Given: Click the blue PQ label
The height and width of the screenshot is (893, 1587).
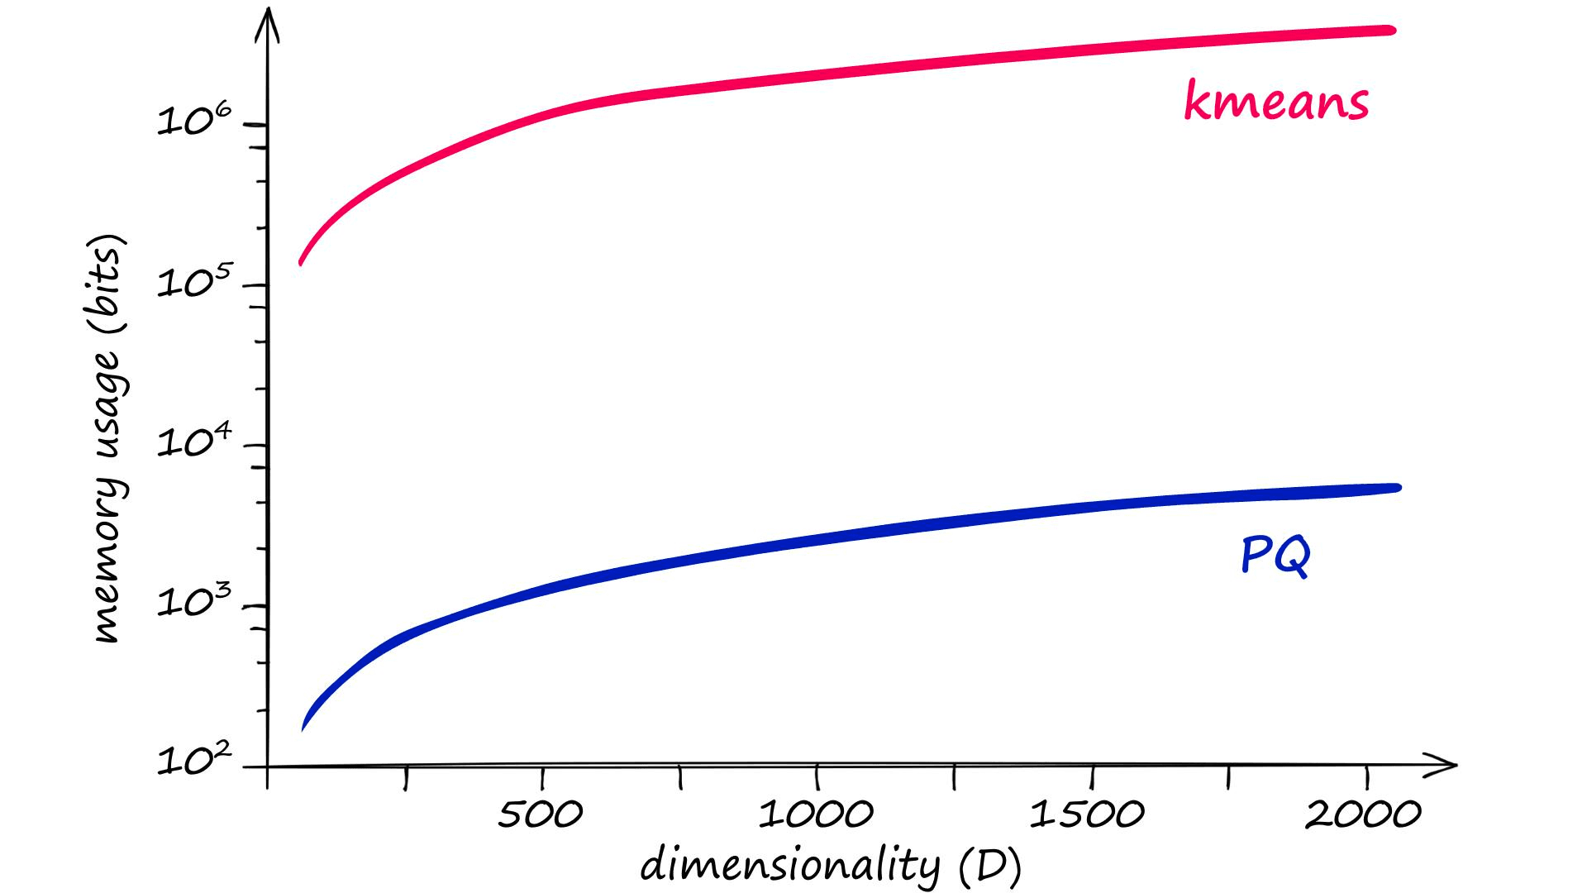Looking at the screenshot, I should click(x=1275, y=556).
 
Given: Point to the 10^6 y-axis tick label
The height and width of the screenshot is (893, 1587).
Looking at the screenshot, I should click(x=195, y=121).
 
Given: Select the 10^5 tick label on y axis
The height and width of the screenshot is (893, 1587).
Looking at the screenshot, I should click(x=195, y=283).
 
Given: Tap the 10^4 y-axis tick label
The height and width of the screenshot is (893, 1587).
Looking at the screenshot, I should click(x=195, y=442).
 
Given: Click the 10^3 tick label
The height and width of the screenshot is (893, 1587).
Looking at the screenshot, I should click(x=195, y=602).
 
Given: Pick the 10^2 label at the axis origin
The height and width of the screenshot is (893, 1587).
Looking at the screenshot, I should click(x=195, y=759).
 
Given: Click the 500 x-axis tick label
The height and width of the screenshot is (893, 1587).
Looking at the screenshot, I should click(x=540, y=815).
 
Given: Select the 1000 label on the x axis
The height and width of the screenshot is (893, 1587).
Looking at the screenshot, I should click(x=816, y=815).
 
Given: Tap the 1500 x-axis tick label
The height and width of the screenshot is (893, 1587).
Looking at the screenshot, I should click(x=1087, y=815).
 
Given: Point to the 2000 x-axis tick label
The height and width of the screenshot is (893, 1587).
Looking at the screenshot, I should click(x=1363, y=815).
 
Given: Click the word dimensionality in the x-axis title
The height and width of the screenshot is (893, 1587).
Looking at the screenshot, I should click(x=790, y=865).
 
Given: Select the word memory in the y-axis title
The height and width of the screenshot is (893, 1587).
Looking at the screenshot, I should click(x=107, y=579).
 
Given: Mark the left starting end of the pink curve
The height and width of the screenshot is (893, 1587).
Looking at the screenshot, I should click(x=301, y=263).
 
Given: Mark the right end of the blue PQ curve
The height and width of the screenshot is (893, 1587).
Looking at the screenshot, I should click(x=1397, y=488).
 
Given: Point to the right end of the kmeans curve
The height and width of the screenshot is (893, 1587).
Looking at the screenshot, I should click(x=1392, y=31).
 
